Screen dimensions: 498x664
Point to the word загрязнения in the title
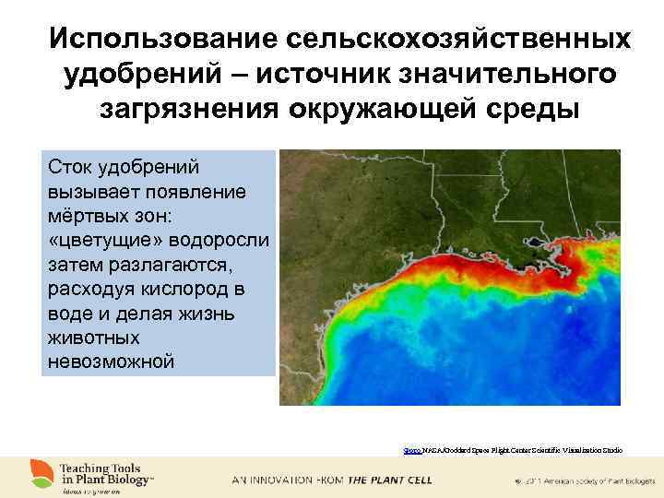190,108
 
